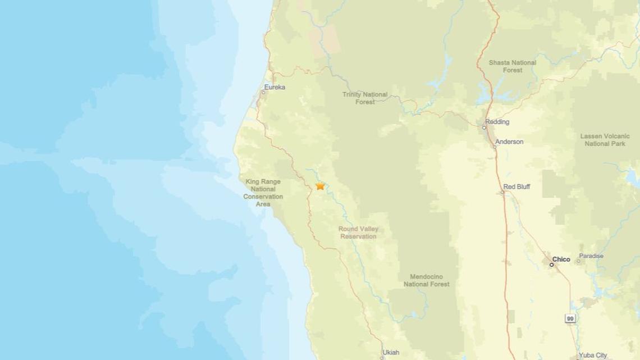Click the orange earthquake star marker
click(320, 186)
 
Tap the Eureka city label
click(275, 87)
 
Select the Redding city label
click(497, 122)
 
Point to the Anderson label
click(509, 142)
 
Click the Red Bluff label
click(516, 186)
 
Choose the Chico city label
click(561, 259)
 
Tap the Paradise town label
click(591, 256)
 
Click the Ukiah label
click(391, 353)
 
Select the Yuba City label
click(593, 355)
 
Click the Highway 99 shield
click(569, 318)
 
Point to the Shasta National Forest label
click(512, 66)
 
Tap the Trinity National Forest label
click(365, 98)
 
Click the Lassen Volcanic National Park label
click(605, 140)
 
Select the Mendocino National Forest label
click(426, 280)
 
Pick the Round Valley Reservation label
click(358, 233)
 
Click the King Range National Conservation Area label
click(263, 193)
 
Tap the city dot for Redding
click(484, 127)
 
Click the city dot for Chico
click(551, 265)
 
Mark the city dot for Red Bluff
click(502, 192)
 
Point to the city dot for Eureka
click(263, 92)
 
